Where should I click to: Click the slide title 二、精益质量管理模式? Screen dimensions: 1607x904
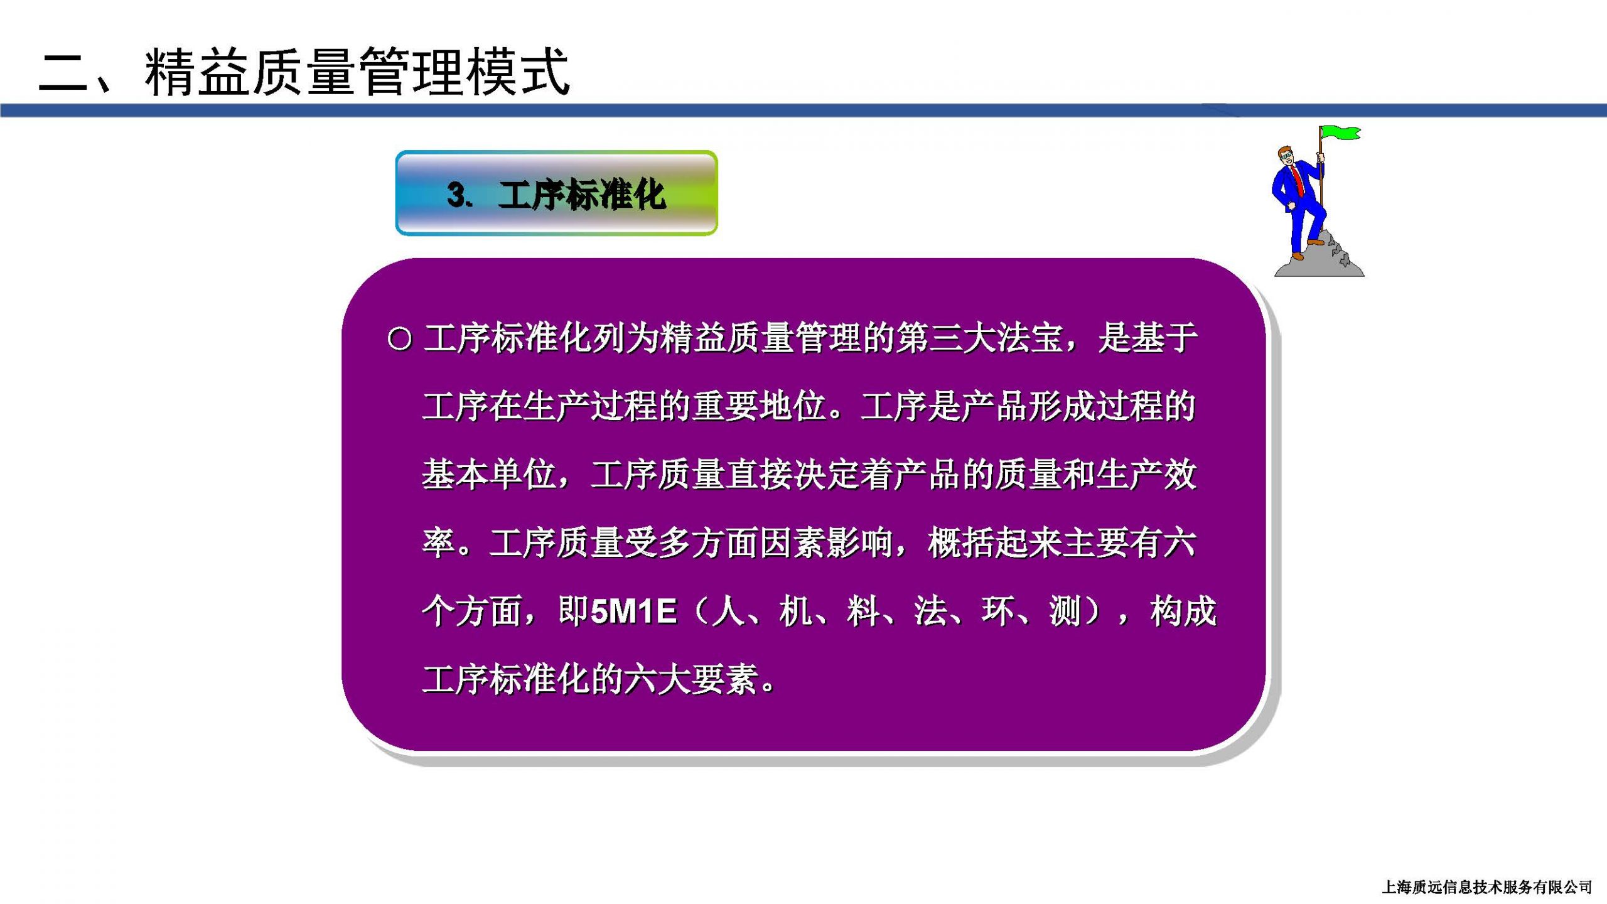pos(304,72)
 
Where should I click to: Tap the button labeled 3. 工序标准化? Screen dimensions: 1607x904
pos(556,193)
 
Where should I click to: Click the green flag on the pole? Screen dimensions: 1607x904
pos(1341,133)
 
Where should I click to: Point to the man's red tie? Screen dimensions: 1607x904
pos(1298,180)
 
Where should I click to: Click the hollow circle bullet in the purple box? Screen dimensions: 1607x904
pos(400,340)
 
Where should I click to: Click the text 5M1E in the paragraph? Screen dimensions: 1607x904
pos(634,611)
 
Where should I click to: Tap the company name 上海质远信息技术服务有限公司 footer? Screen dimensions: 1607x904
pos(1487,887)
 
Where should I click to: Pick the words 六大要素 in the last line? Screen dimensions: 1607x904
pos(691,680)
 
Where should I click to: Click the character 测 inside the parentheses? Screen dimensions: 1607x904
pos(1065,611)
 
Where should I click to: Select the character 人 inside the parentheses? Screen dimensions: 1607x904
pos(728,611)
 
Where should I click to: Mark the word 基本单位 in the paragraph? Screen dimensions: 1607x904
pos(489,475)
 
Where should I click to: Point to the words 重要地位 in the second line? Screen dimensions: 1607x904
pos(759,406)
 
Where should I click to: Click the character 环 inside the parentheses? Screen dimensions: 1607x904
pos(998,611)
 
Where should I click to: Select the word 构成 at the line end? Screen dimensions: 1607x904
pos(1183,611)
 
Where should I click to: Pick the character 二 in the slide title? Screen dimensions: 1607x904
pos(63,73)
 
